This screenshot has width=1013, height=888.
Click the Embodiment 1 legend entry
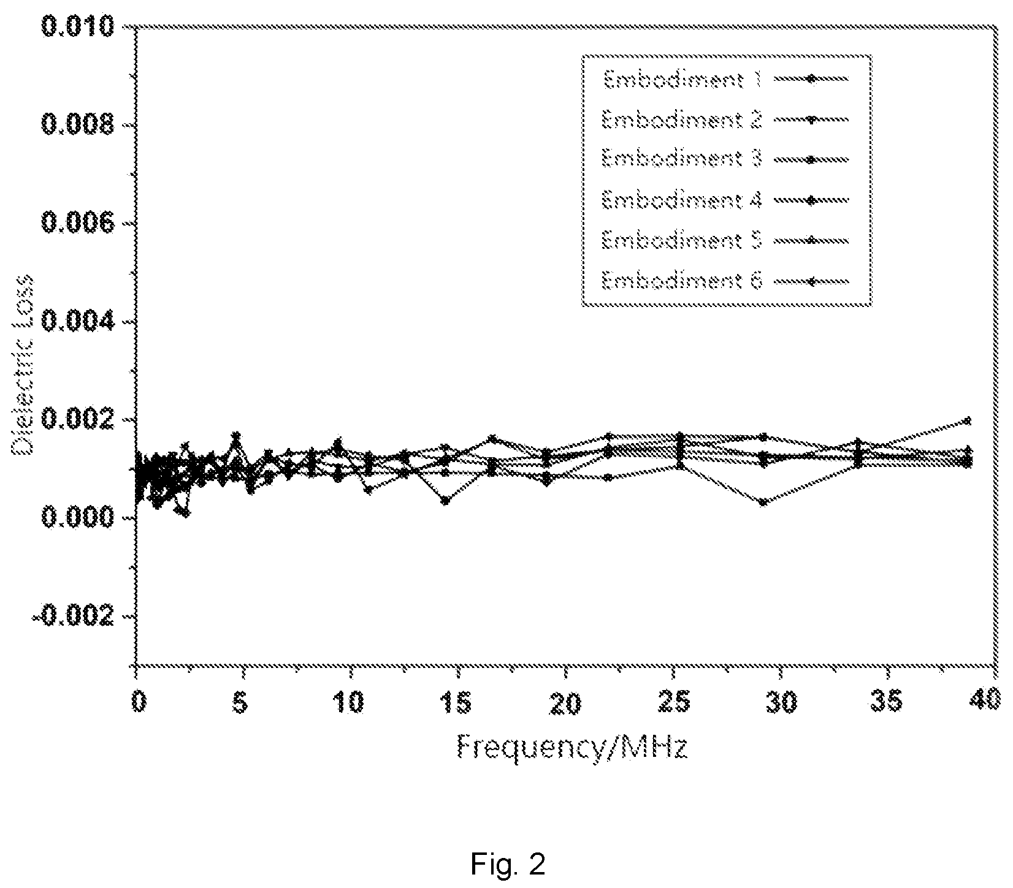click(682, 79)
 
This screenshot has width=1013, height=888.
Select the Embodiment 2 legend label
click(682, 120)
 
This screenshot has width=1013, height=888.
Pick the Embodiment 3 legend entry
click(682, 159)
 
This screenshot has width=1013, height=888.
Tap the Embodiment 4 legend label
click(682, 200)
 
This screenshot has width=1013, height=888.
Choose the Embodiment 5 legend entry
click(682, 240)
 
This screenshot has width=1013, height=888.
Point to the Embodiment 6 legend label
click(682, 281)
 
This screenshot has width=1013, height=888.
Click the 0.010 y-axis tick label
click(77, 27)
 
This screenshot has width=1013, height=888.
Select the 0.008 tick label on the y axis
click(77, 126)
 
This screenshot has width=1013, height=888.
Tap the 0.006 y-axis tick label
click(77, 224)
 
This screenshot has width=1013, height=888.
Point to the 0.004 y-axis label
click(77, 322)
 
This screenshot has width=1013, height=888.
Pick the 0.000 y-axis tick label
click(77, 518)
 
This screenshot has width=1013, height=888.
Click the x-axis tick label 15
click(457, 702)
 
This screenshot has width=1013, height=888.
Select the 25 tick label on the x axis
click(675, 702)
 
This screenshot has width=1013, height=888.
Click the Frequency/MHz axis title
click(571, 748)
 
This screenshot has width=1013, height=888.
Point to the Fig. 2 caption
click(508, 865)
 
